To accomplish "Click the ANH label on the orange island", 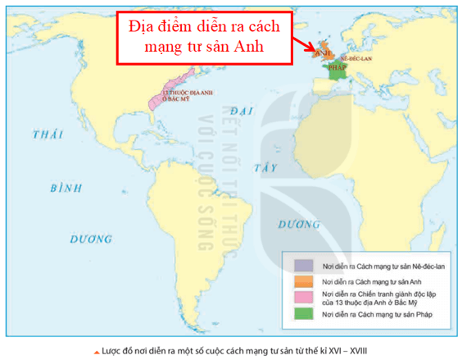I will (x=323, y=52).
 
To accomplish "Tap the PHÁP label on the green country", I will (x=338, y=68).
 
